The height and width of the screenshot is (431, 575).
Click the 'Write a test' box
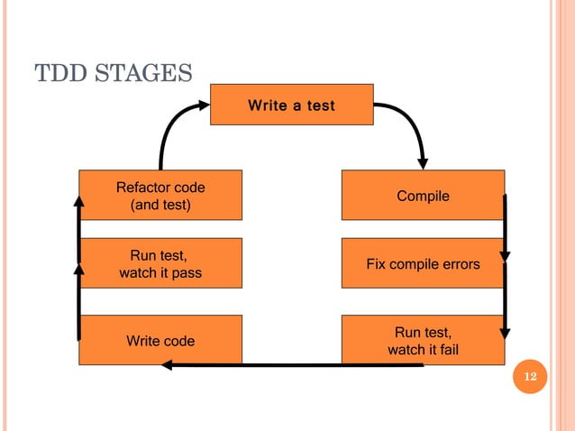pyautogui.click(x=291, y=105)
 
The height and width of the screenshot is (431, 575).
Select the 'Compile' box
pyautogui.click(x=423, y=195)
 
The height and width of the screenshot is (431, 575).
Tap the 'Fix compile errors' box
pyautogui.click(x=423, y=263)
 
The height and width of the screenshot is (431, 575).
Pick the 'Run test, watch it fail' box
pyautogui.click(x=423, y=340)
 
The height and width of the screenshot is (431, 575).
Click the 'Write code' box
pyautogui.click(x=160, y=340)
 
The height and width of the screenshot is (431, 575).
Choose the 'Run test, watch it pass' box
pyautogui.click(x=160, y=263)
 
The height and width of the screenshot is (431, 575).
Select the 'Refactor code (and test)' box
pyautogui.click(x=160, y=195)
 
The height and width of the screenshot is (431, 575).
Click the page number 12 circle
pyautogui.click(x=530, y=376)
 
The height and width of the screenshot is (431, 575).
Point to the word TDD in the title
pyautogui.click(x=59, y=70)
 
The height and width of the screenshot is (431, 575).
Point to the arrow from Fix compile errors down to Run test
pyautogui.click(x=505, y=302)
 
